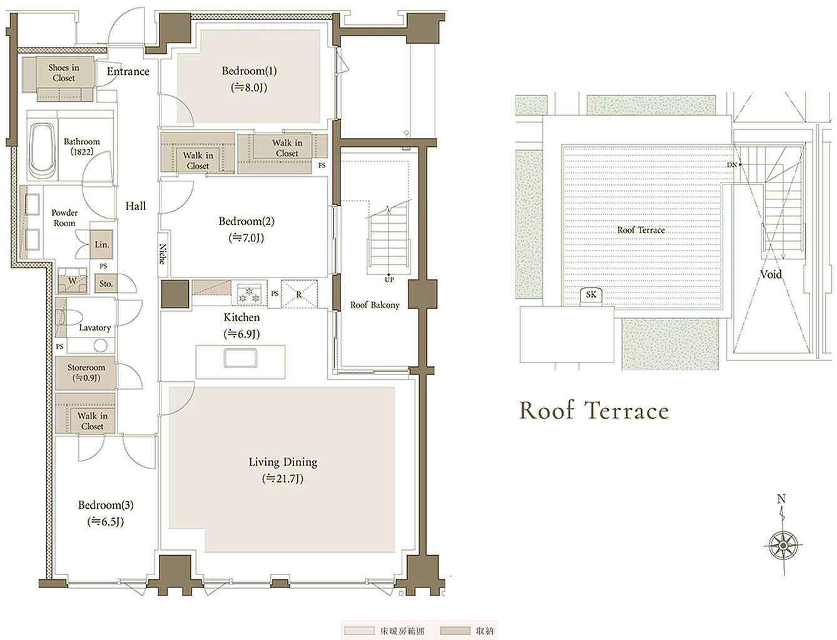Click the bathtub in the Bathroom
click(x=43, y=151)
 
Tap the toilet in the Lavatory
click(x=69, y=317)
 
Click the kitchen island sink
click(x=240, y=357)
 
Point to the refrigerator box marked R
click(x=300, y=294)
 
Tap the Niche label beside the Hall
click(x=163, y=254)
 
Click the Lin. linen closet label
click(x=102, y=244)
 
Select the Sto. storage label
click(x=106, y=284)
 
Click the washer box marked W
click(x=73, y=281)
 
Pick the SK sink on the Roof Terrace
click(x=591, y=296)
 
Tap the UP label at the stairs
click(x=389, y=279)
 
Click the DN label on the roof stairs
click(x=731, y=165)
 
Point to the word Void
click(x=771, y=274)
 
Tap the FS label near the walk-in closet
click(x=322, y=166)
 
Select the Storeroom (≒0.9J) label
click(x=86, y=372)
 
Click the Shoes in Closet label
click(x=64, y=72)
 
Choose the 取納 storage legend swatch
click(x=455, y=631)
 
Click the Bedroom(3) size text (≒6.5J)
click(x=106, y=521)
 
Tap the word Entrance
click(x=128, y=71)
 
